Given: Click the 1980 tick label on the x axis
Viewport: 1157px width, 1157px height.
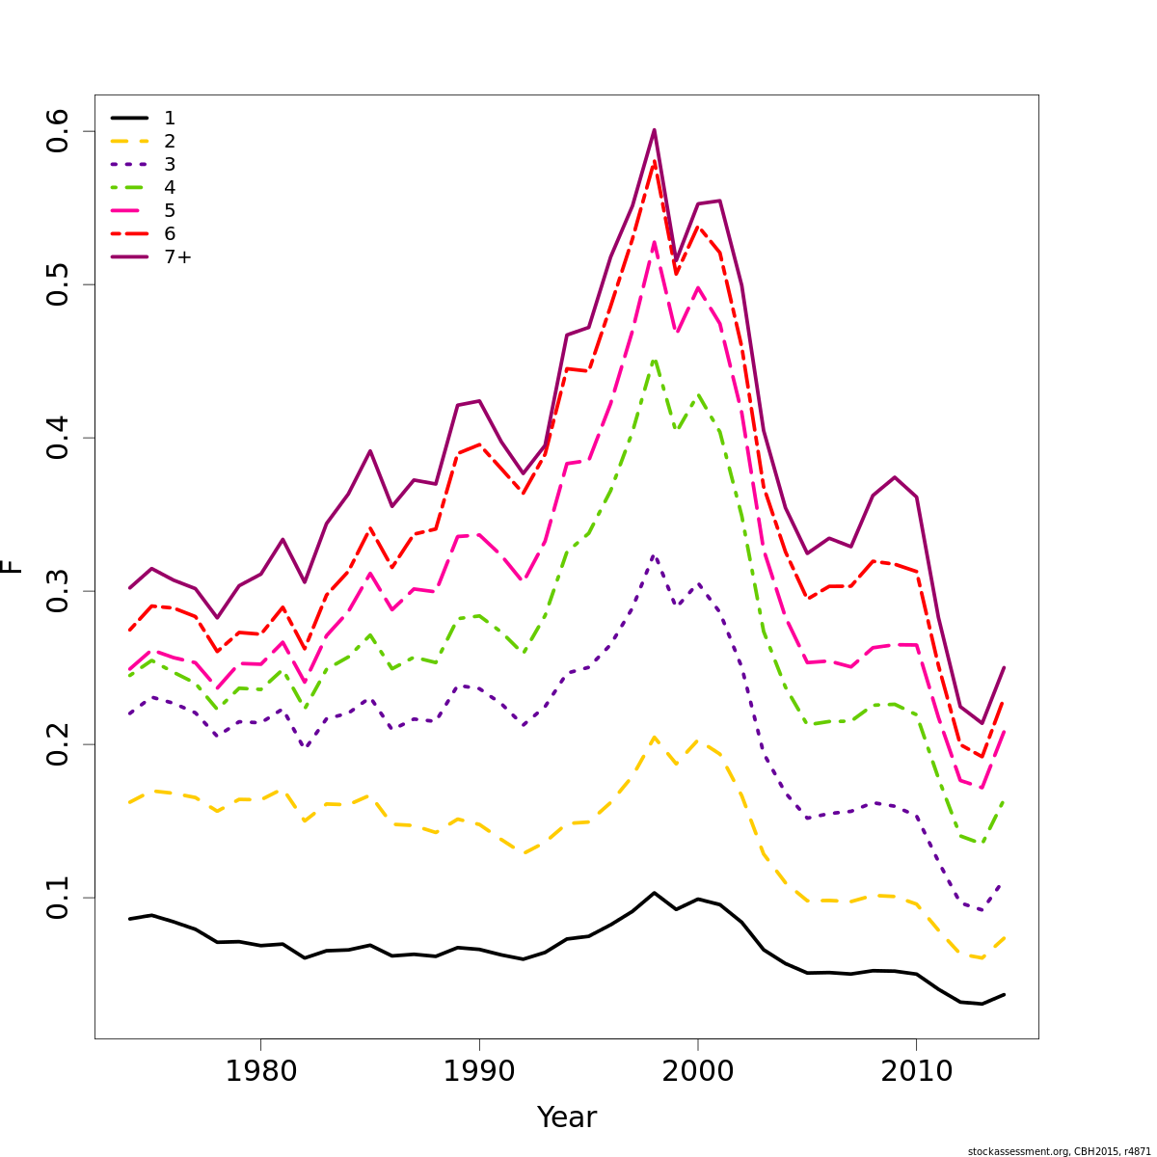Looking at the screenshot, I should coord(260,1070).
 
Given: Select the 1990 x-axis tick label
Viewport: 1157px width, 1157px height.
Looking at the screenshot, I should coord(479,1070).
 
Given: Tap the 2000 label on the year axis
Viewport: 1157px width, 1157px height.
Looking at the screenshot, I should coord(697,1070).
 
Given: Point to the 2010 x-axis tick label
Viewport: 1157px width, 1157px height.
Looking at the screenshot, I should coord(916,1070).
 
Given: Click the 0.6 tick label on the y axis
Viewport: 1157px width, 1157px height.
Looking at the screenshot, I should coord(58,131).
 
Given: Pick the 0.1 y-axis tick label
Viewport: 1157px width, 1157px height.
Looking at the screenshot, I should coord(58,898).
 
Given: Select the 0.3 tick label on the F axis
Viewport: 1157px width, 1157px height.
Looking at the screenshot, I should coord(58,591).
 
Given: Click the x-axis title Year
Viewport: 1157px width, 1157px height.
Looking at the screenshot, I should coord(567,1117).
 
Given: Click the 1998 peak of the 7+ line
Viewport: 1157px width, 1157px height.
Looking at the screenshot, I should coord(654,129).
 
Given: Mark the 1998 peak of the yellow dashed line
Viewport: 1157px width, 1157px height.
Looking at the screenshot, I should coord(654,738).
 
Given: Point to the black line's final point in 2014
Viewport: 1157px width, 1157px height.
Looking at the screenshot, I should coord(1004,994).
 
